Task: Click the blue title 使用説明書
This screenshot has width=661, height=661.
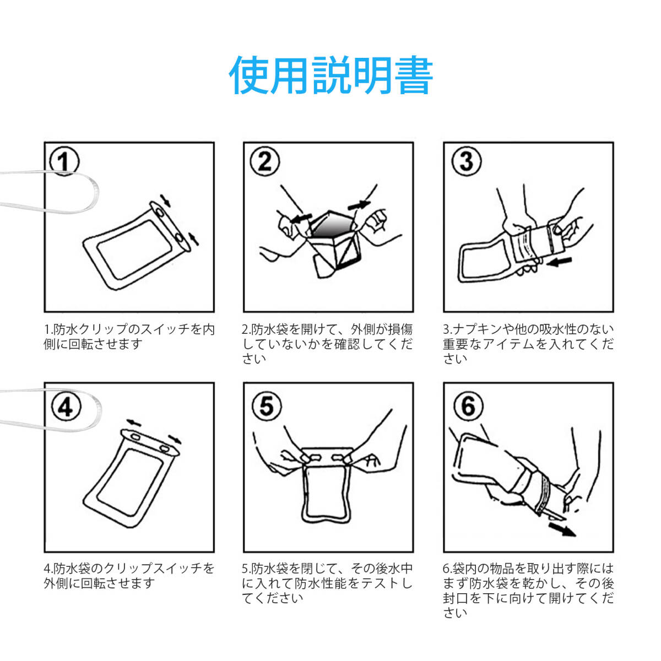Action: (330, 75)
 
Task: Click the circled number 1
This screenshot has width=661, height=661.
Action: (64, 162)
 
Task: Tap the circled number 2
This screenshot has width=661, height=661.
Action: (264, 161)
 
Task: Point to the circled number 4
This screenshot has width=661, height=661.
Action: (66, 407)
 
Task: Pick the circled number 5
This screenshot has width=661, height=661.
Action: (267, 407)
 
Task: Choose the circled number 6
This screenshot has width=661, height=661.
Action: (468, 406)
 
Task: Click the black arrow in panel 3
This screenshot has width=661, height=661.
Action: (559, 262)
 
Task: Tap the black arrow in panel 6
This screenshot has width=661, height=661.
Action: (562, 540)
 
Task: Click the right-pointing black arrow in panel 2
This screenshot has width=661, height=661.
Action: (359, 205)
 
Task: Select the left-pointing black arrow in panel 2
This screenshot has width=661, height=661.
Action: (301, 219)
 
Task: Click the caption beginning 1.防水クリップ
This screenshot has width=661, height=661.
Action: (129, 337)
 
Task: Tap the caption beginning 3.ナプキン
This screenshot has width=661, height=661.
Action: (528, 344)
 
